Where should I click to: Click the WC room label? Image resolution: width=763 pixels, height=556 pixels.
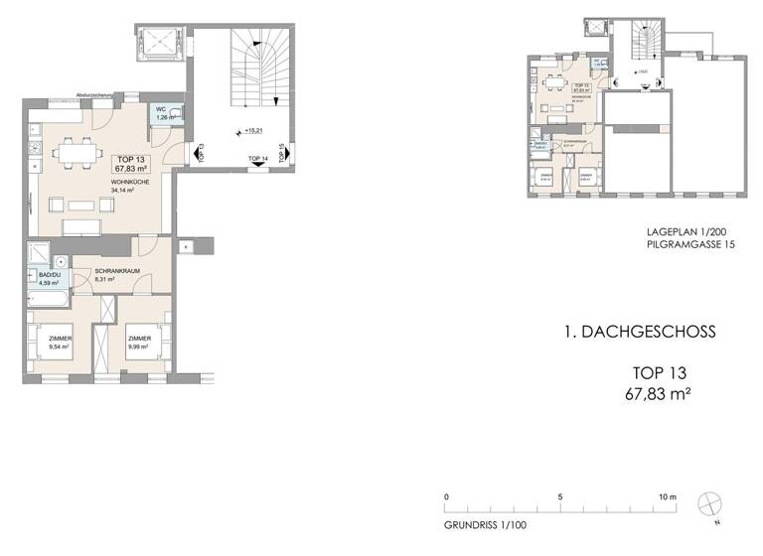point(159,110)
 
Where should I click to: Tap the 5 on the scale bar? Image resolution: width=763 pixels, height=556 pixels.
point(560,496)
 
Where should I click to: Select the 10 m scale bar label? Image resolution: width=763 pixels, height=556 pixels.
point(667,496)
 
